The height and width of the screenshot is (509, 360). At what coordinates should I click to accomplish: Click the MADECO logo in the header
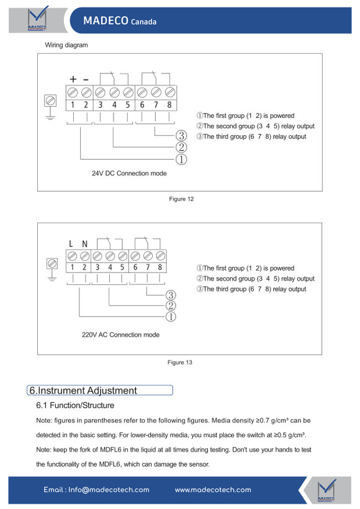coord(37,19)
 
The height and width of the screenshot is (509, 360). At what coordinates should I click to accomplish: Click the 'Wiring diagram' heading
coord(66,45)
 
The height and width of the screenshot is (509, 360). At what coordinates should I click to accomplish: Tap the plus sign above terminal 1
coord(73,79)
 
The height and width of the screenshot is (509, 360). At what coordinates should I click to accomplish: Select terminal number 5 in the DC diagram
coord(128,104)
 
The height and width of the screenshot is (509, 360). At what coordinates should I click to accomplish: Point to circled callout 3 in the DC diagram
coord(181,135)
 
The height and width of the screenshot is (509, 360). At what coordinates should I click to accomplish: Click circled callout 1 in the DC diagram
coord(181,159)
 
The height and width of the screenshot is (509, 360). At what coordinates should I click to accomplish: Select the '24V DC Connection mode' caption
coord(129,173)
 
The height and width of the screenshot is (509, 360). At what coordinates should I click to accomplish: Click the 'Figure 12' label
coord(181,199)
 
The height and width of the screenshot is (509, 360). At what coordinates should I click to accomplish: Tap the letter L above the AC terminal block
coord(71,243)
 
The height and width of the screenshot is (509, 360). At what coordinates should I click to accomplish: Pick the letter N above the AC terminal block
coord(84,243)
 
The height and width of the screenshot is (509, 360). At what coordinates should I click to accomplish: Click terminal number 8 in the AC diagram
coord(160,267)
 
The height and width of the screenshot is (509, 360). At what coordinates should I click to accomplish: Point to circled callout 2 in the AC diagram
coord(171,305)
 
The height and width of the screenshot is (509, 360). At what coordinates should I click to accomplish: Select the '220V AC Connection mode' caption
coord(120,335)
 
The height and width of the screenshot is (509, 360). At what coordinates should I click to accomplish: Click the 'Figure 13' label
coord(179,363)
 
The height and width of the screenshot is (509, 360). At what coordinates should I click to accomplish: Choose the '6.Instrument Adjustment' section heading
coord(83,390)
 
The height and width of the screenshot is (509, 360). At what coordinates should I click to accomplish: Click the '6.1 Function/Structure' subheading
coord(75,405)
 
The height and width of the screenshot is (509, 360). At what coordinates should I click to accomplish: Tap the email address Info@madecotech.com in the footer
coord(109,490)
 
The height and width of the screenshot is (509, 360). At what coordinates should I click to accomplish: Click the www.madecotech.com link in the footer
coord(213,490)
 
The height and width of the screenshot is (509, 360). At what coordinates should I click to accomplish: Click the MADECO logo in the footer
coord(326,490)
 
